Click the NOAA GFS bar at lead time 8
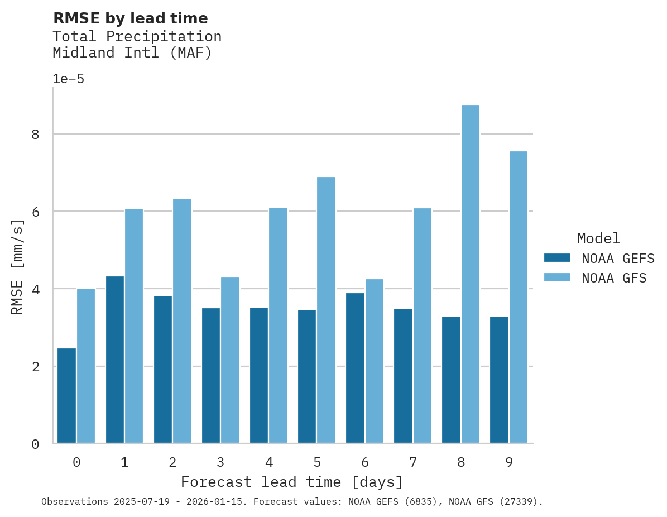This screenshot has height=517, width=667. (x=471, y=274)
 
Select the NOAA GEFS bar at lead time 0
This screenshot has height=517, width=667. (x=66, y=396)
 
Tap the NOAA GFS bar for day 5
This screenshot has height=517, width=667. (x=327, y=310)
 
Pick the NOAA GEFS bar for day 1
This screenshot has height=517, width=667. (x=115, y=360)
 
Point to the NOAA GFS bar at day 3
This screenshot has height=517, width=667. (x=231, y=360)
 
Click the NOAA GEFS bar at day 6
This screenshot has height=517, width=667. (x=355, y=368)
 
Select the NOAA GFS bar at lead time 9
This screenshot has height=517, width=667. (x=519, y=297)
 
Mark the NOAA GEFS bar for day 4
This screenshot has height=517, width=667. (x=259, y=375)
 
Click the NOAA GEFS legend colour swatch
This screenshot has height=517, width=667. (x=557, y=258)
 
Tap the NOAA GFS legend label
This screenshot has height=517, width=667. (x=613, y=278)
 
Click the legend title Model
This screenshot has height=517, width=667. (x=598, y=238)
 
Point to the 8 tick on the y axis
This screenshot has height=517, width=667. (x=35, y=135)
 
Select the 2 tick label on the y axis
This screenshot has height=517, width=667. (x=35, y=367)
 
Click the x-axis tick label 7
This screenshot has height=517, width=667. (x=413, y=462)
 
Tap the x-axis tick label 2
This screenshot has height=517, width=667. (x=172, y=462)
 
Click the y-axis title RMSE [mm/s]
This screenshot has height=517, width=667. (x=18, y=266)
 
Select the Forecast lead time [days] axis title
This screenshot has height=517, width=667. (x=292, y=482)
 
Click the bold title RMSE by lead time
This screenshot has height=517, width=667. (x=130, y=18)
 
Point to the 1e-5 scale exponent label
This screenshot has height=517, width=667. (x=68, y=79)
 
